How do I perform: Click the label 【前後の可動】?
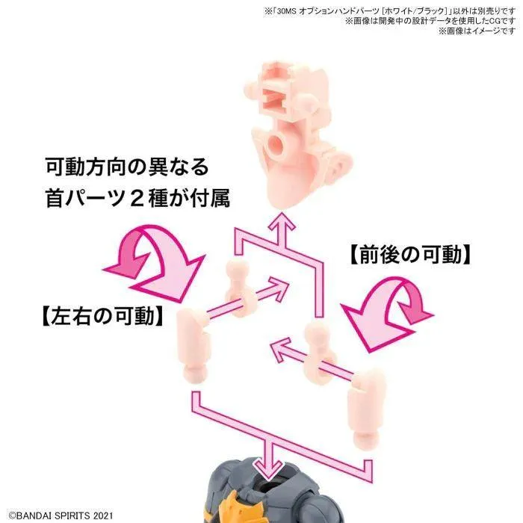click(410, 256)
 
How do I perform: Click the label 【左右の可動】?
click(103, 316)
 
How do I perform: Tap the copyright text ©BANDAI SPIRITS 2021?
click(61, 516)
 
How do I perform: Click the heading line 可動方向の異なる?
click(127, 167)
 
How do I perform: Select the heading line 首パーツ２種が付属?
click(137, 199)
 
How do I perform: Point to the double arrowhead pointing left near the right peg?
click(282, 351)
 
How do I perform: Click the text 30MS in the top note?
click(285, 11)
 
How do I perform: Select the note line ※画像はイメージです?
click(477, 31)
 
